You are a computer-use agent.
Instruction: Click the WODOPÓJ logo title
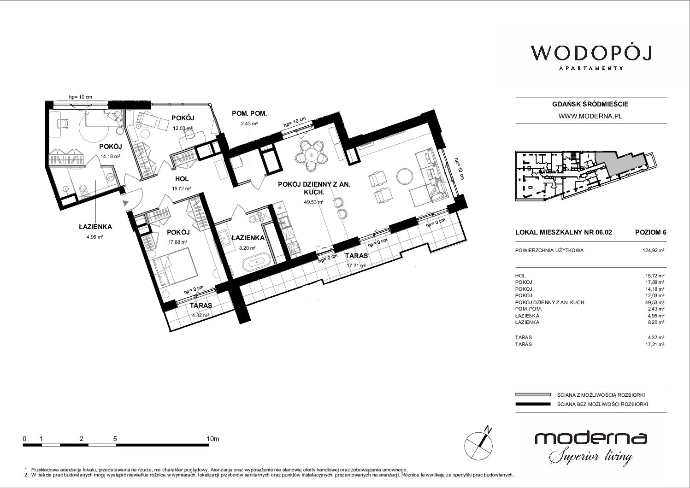click(x=591, y=53)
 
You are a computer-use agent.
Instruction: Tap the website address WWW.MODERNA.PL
click(x=590, y=116)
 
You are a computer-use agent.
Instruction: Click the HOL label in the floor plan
click(x=182, y=179)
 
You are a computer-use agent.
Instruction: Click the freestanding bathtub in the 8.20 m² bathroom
click(x=256, y=263)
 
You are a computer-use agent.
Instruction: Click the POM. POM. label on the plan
click(x=249, y=113)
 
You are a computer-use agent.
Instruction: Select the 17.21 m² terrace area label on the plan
click(x=356, y=265)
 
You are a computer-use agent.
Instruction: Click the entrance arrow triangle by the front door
click(x=125, y=203)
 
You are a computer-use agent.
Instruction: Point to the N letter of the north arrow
click(x=488, y=429)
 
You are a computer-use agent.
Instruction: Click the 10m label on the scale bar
click(x=213, y=439)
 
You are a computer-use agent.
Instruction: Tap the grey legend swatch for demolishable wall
click(x=533, y=395)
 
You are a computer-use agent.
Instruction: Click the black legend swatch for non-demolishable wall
click(x=533, y=404)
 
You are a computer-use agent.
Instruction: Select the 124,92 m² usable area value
click(x=653, y=250)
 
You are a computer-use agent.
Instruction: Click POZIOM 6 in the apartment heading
click(x=650, y=232)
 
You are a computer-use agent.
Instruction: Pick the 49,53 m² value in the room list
click(x=655, y=302)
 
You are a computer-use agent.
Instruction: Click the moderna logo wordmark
click(x=591, y=438)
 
